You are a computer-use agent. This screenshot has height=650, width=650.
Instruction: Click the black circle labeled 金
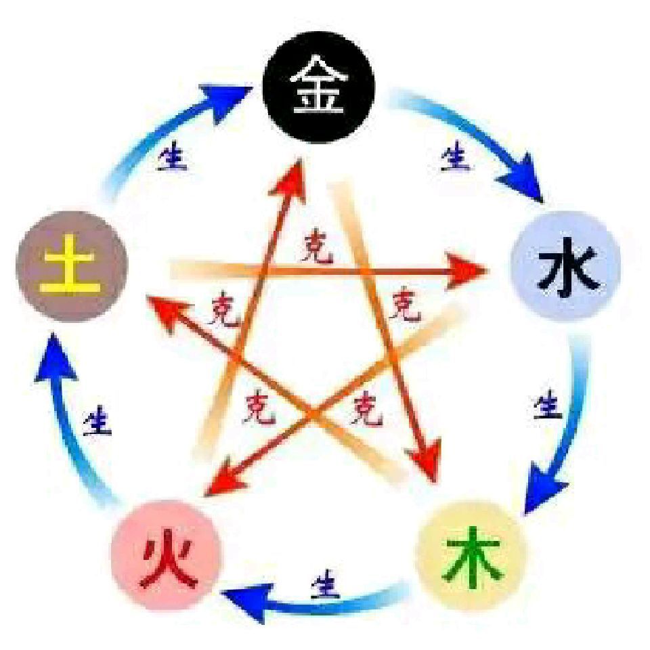(x=319, y=87)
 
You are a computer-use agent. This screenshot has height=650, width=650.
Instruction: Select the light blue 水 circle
(x=566, y=265)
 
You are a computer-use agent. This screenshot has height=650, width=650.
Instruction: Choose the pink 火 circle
(x=167, y=555)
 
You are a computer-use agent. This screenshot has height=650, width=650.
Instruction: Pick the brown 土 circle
(x=72, y=266)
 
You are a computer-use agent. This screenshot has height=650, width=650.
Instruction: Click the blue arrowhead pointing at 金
(x=224, y=102)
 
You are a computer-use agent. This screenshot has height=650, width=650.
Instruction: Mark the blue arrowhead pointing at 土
(x=55, y=357)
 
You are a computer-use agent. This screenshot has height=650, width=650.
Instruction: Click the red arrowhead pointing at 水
(x=467, y=272)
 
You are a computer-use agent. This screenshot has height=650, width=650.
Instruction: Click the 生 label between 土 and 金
(x=173, y=156)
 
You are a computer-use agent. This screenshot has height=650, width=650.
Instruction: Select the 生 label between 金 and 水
(x=455, y=156)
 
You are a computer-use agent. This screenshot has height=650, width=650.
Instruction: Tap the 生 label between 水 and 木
(x=548, y=404)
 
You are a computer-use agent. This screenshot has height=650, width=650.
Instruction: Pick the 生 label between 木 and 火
(x=326, y=584)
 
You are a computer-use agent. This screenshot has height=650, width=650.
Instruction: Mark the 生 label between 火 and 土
(x=97, y=420)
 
